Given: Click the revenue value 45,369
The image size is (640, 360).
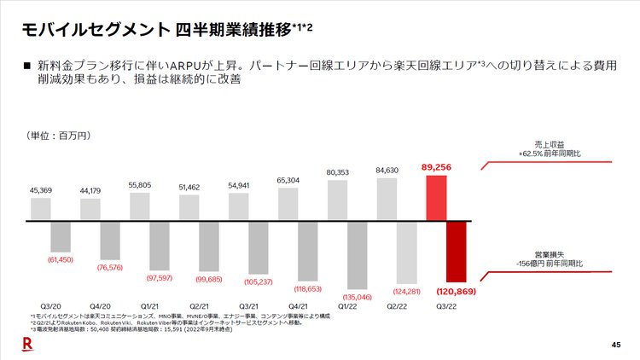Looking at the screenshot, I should pos(40,189).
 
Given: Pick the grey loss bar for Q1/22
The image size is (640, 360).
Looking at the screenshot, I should pos(357,255).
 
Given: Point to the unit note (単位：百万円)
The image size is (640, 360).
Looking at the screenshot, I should pos(58,136).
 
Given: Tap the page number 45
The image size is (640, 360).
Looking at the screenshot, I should pos(617,344).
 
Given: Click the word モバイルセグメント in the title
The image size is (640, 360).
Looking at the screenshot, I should pos(94,30).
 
